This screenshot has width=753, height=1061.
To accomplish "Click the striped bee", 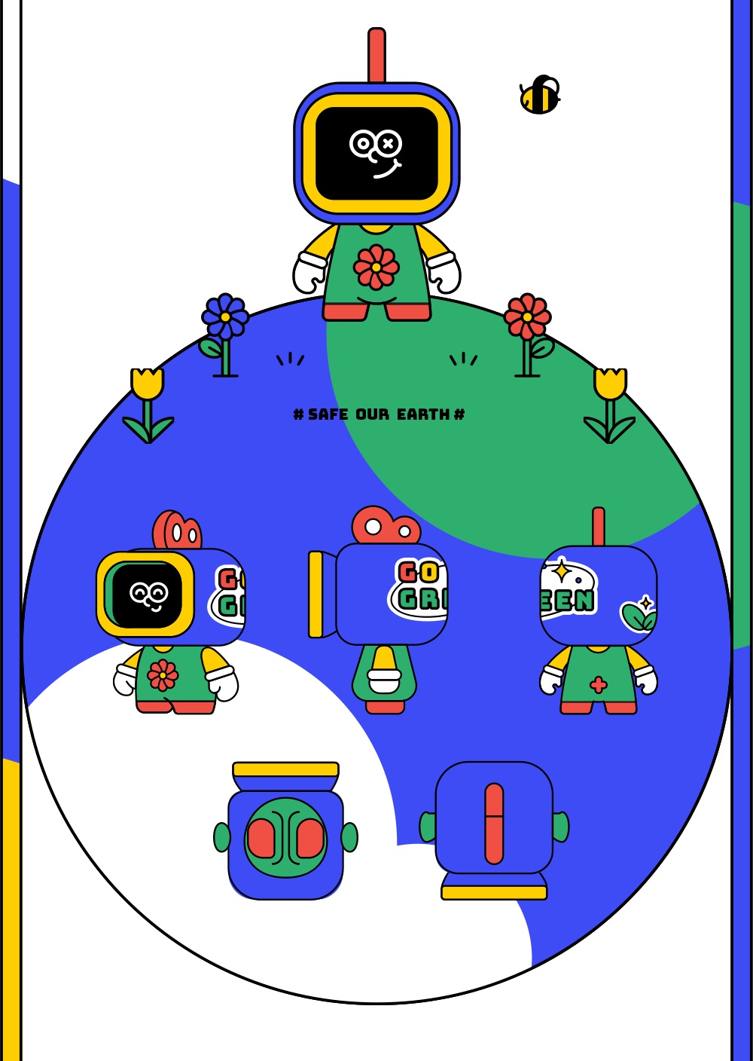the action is [x=539, y=96].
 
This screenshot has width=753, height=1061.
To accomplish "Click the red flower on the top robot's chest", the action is [x=376, y=267].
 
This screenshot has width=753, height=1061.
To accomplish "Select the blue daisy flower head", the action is [x=224, y=316].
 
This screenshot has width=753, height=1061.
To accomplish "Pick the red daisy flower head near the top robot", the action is [x=527, y=316].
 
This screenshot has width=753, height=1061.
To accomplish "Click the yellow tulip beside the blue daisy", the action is [x=147, y=383].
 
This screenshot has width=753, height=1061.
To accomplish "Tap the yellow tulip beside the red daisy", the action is [x=610, y=383].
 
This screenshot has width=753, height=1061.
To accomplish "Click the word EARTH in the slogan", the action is [x=422, y=414].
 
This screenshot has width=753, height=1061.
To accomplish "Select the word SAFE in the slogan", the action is [x=328, y=414].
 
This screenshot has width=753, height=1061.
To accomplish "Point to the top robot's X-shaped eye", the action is [x=388, y=142].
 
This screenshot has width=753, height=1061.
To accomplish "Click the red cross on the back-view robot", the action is [x=599, y=685].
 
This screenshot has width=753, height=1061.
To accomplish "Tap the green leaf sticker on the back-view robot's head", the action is [x=638, y=616].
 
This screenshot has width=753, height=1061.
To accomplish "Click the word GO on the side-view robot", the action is [x=419, y=573].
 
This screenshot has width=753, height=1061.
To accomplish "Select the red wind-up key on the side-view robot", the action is [x=384, y=524].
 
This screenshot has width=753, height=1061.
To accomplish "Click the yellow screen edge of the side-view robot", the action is [x=316, y=594].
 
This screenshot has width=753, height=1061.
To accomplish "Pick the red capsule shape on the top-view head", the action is [x=494, y=823].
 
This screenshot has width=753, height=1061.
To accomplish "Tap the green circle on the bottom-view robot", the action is [x=285, y=837].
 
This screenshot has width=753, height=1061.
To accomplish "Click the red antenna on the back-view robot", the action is [x=599, y=526].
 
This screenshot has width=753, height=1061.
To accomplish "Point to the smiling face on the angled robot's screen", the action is [x=148, y=595].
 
